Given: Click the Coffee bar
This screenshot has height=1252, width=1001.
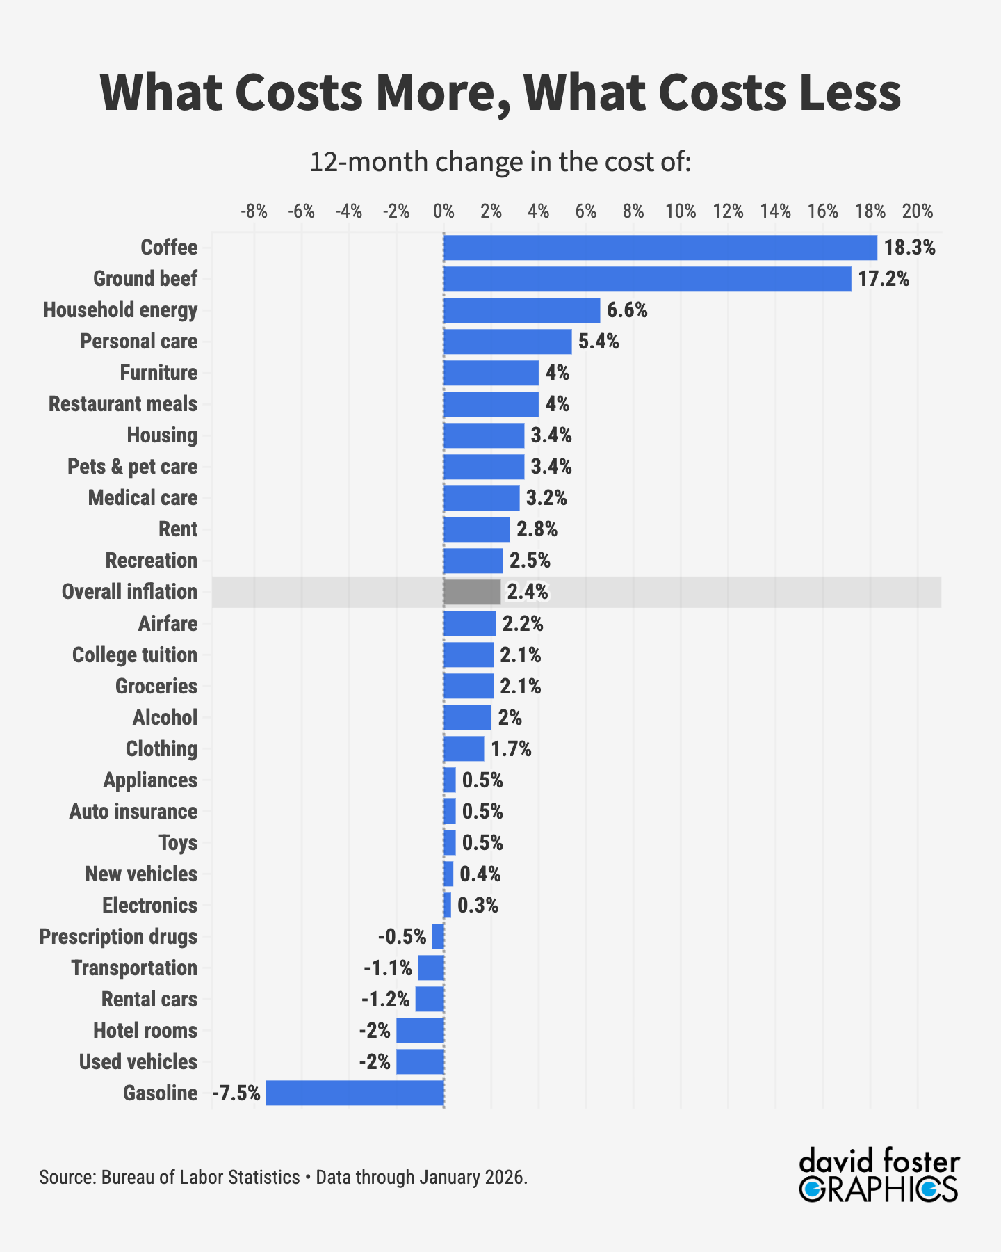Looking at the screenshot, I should (x=660, y=248).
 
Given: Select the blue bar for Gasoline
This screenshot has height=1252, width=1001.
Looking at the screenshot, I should (x=355, y=1093).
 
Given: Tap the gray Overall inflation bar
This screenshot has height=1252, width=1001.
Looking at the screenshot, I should (x=472, y=592).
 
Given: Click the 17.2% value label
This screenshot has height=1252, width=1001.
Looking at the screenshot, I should (x=883, y=280).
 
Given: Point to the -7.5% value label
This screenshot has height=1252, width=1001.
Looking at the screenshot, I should (x=236, y=1093).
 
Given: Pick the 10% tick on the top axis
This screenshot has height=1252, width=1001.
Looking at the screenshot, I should (x=681, y=211).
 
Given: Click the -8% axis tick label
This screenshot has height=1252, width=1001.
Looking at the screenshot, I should (x=254, y=211).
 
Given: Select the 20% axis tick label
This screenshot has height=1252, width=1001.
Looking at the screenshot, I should (x=917, y=211).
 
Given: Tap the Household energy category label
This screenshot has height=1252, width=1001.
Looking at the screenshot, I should (x=120, y=310).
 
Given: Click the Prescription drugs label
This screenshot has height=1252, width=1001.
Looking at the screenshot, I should (x=118, y=937).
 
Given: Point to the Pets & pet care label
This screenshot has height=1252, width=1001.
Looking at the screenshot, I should (x=132, y=467).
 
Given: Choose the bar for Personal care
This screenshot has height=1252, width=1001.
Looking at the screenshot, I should (x=507, y=342).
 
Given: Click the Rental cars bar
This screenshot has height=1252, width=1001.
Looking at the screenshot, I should (x=430, y=999).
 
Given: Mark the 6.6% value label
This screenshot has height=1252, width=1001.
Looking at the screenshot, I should (x=627, y=310).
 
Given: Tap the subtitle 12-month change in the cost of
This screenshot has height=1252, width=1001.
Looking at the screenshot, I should (x=500, y=161).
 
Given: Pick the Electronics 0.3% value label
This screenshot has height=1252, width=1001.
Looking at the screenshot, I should (x=478, y=906).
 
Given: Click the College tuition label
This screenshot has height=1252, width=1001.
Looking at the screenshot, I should (x=135, y=655).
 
